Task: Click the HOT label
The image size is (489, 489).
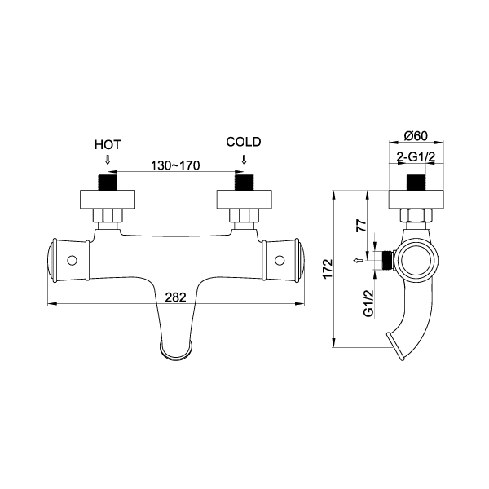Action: tap(108, 145)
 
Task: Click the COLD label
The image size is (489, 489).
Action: tap(244, 142)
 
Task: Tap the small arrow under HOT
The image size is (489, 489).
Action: tap(108, 160)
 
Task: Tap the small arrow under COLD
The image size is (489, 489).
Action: tap(244, 160)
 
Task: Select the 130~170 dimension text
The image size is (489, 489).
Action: tap(175, 165)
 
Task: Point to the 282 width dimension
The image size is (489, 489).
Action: tap(175, 297)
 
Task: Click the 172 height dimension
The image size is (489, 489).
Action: tap(328, 269)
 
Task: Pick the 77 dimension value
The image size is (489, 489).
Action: tap(361, 225)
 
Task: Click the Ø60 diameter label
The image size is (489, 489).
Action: tap(416, 136)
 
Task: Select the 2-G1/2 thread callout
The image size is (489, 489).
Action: tap(416, 157)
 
